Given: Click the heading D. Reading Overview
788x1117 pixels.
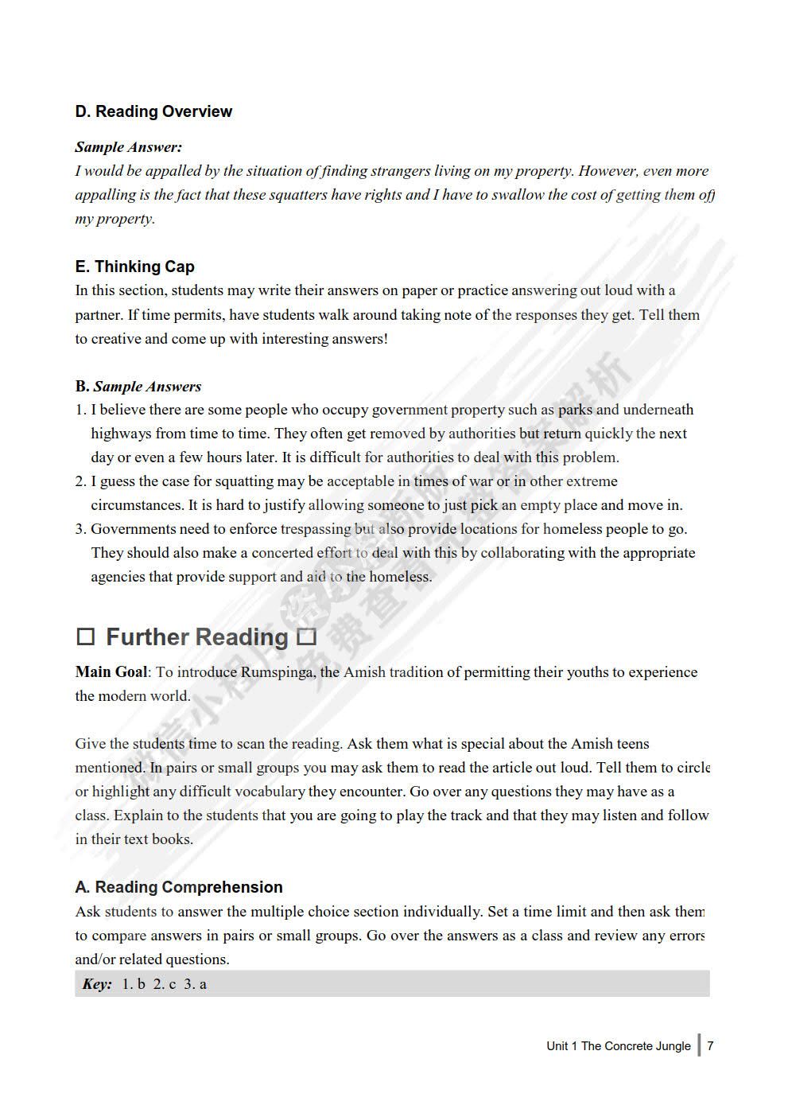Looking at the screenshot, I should [153, 112].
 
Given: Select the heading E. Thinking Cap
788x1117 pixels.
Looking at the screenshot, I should [134, 267].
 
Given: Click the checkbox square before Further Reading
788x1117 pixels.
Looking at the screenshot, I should [86, 637].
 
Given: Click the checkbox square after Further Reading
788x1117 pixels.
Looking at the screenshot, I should [306, 637].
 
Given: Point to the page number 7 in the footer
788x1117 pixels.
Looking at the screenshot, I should [710, 1045].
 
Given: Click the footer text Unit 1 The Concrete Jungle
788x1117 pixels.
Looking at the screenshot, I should [618, 1046].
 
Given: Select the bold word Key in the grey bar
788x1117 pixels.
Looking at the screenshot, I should [96, 984].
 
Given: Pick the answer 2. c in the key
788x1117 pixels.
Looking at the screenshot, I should [165, 984].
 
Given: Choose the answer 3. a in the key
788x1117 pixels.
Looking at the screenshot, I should [196, 984].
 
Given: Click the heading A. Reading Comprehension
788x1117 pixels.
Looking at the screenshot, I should [179, 887].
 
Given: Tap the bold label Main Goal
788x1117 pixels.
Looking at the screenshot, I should [111, 672].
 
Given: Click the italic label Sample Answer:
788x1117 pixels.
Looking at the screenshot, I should [128, 147].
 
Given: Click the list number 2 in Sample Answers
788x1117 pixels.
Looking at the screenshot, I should [80, 481].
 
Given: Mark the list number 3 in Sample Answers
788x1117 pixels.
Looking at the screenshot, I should [80, 529].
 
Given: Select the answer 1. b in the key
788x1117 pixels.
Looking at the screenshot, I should [134, 984].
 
